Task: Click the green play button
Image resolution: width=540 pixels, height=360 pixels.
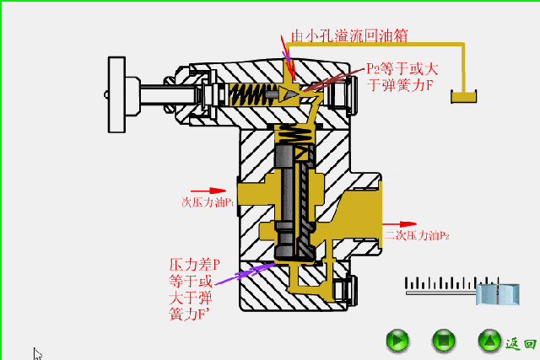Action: point(397,341)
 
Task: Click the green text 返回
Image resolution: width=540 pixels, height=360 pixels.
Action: point(521,342)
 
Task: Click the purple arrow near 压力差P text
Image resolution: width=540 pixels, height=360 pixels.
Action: point(245,273)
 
